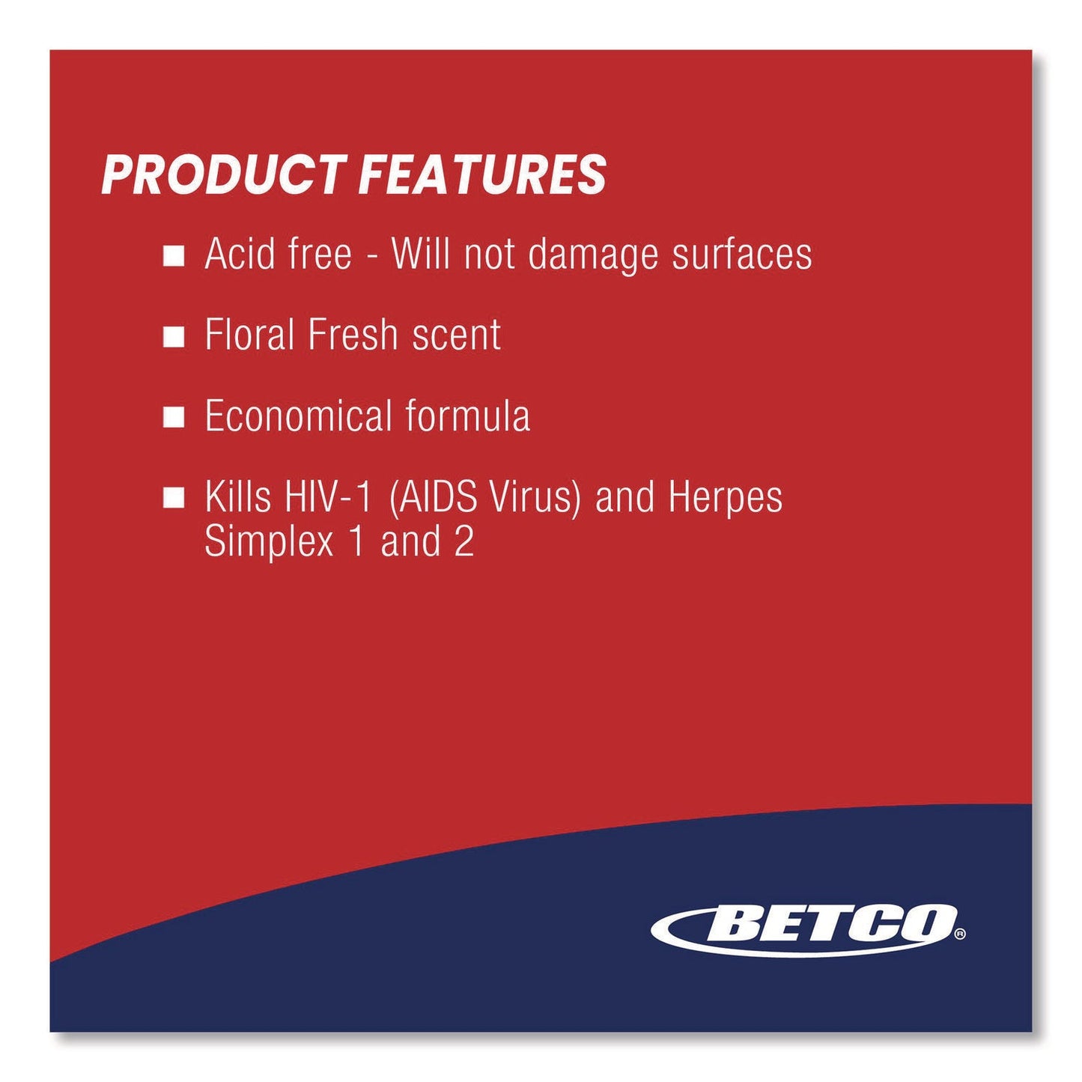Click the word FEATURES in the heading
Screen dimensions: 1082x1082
[x=482, y=176]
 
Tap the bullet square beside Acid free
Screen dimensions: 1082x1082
[x=174, y=256]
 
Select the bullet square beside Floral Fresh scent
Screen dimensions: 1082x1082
[x=174, y=337]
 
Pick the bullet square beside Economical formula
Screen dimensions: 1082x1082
[x=174, y=417]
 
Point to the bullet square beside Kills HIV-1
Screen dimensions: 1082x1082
[x=174, y=499]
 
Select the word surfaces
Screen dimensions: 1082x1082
[x=741, y=254]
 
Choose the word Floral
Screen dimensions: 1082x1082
[x=250, y=335]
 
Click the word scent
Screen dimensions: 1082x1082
[x=456, y=335]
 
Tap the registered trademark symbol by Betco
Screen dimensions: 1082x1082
[x=959, y=934]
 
